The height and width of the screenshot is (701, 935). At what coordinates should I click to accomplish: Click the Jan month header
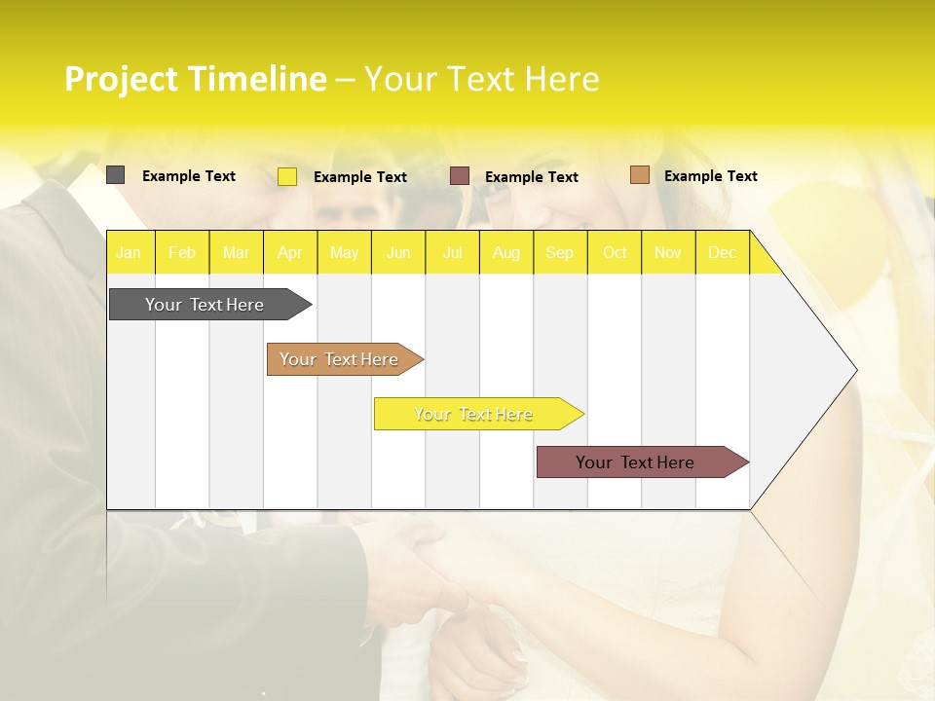[x=129, y=253]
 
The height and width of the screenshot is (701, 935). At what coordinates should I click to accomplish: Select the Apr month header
[x=289, y=253]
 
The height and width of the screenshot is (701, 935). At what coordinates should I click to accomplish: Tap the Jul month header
[x=452, y=253]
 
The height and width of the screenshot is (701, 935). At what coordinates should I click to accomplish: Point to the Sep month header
[x=559, y=253]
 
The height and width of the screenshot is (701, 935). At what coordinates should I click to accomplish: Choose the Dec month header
[x=722, y=253]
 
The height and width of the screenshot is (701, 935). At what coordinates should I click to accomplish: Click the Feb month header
[x=182, y=253]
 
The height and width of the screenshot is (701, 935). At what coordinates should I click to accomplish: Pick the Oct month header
[x=615, y=253]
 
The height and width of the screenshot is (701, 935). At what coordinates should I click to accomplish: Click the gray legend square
[x=115, y=175]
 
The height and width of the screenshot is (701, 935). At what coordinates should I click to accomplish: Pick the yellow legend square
[x=287, y=176]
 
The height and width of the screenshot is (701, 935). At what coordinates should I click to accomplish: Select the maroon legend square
[x=460, y=176]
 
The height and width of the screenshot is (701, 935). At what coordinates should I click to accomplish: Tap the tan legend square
[x=639, y=175]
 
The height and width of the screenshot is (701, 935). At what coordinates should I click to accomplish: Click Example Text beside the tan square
[x=710, y=176]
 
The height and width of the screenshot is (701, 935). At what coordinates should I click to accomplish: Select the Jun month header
[x=398, y=253]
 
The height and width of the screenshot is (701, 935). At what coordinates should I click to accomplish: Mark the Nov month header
[x=668, y=253]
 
